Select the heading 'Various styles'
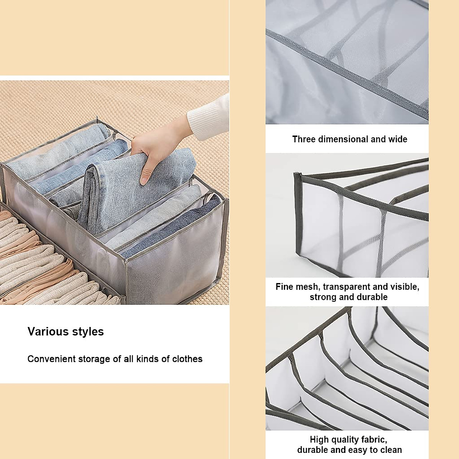65,332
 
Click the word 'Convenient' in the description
51,359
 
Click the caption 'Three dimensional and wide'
350,139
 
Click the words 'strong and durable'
348,297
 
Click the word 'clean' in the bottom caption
390,450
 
